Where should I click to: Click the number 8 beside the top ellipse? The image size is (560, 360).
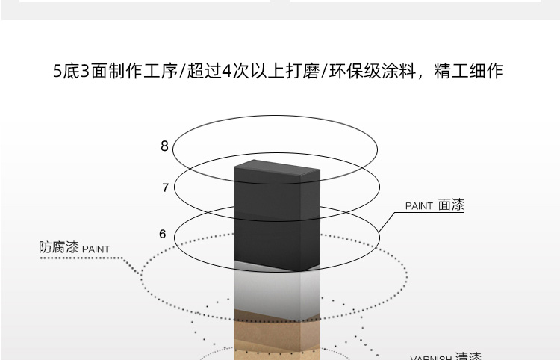click(x=164, y=146)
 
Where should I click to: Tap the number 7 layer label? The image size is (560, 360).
click(x=165, y=187)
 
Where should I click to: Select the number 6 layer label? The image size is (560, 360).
click(x=163, y=234)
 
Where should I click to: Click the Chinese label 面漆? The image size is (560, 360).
click(x=451, y=204)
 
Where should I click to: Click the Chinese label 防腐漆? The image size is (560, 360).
click(x=58, y=247)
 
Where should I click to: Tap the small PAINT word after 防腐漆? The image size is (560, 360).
click(x=96, y=249)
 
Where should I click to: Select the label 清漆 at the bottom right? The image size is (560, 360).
click(x=468, y=356)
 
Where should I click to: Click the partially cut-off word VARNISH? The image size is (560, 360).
click(x=431, y=358)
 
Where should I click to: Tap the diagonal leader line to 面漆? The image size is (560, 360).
click(x=387, y=223)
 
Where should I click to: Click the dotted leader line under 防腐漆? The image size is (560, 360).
click(x=90, y=259)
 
